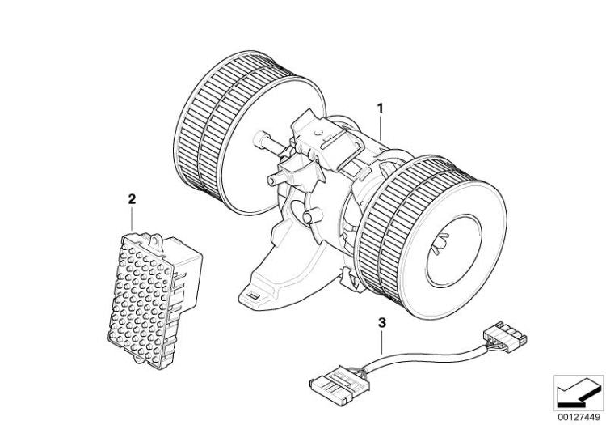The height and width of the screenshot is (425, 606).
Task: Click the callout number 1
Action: coord(381,108)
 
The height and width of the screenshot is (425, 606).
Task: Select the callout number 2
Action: coord(132,199)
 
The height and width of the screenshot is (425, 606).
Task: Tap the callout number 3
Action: coord(382,323)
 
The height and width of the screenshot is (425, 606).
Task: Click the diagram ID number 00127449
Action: coord(579,417)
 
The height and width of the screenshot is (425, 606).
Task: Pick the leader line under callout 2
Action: coord(133,219)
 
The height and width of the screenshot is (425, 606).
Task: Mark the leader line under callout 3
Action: coord(382,342)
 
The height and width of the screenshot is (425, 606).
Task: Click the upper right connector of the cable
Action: coord(505,336)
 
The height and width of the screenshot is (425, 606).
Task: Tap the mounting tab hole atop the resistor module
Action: coord(156,240)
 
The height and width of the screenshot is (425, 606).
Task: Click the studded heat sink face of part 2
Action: coord(141,300)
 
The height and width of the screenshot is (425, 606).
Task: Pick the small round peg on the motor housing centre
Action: coord(312,215)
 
